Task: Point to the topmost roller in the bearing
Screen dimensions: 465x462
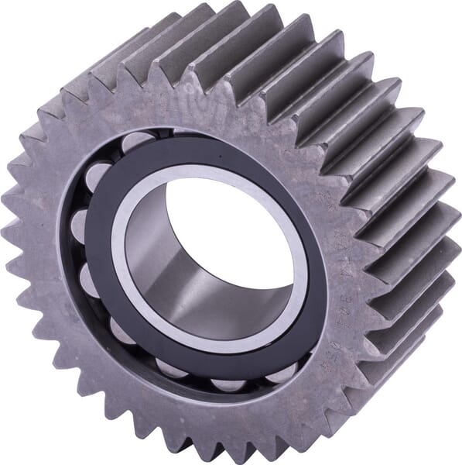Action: (136, 142)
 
